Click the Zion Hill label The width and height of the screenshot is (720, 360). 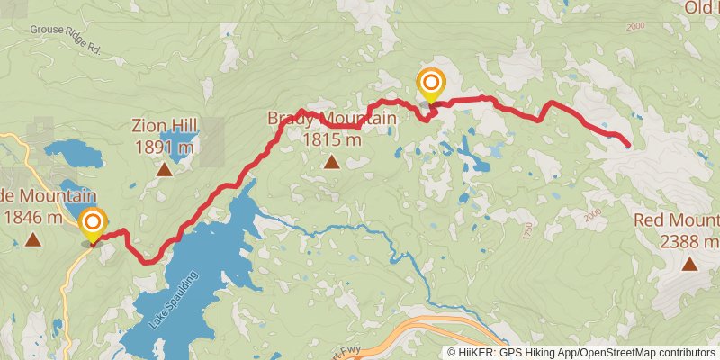click(165, 125)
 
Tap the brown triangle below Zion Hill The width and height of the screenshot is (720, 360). click(165, 169)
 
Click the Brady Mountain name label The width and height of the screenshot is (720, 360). click(331, 119)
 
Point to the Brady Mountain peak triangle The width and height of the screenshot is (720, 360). click(331, 163)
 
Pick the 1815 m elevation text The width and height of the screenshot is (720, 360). click(331, 139)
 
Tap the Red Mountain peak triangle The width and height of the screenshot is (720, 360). click(689, 264)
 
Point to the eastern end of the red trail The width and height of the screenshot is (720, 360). click(626, 144)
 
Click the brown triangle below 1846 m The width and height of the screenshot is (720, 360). click(33, 239)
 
